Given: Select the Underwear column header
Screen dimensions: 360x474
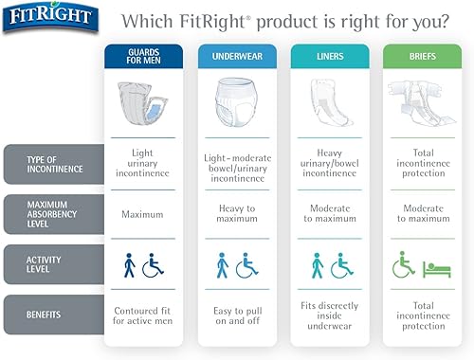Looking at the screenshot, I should click(x=237, y=55).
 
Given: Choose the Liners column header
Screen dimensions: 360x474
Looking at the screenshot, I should click(x=331, y=55).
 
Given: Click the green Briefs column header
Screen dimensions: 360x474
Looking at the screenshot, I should click(x=423, y=55).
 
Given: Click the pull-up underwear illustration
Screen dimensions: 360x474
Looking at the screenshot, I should click(x=237, y=104).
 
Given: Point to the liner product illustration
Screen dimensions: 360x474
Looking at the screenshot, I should click(x=331, y=104).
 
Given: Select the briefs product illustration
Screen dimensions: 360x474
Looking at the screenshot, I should click(x=423, y=104).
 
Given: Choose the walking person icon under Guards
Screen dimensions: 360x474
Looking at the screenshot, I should click(x=130, y=265).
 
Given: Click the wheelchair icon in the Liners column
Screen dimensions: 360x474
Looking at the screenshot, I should click(x=342, y=265).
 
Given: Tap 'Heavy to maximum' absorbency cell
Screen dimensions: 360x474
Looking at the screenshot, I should click(x=237, y=214).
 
